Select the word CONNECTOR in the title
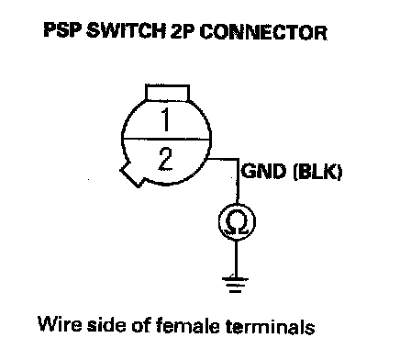pos(263,32)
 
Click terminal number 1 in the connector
pos(165,120)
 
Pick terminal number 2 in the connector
pos(165,159)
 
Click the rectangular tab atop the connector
pos(167,93)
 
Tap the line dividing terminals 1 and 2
pos(166,140)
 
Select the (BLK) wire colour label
pos(317,172)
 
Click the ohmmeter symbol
pos(237,221)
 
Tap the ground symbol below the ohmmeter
pos(235,284)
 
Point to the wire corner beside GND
pos(238,159)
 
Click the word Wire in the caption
pos(60,324)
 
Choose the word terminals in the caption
pos(271,326)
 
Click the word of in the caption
pos(140,324)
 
